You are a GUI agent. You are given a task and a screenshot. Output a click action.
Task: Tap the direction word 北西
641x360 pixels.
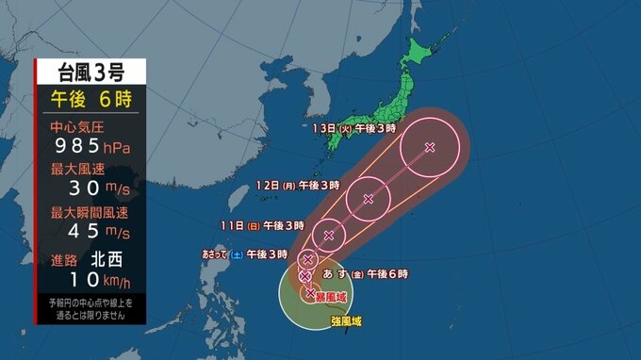106,257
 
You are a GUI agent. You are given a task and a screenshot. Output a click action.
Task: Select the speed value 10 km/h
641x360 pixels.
90,278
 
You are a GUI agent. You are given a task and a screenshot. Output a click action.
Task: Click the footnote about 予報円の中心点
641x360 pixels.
90,307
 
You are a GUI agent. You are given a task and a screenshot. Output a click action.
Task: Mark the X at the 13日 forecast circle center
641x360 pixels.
430,147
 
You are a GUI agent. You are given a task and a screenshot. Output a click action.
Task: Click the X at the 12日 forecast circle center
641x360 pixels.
369,199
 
